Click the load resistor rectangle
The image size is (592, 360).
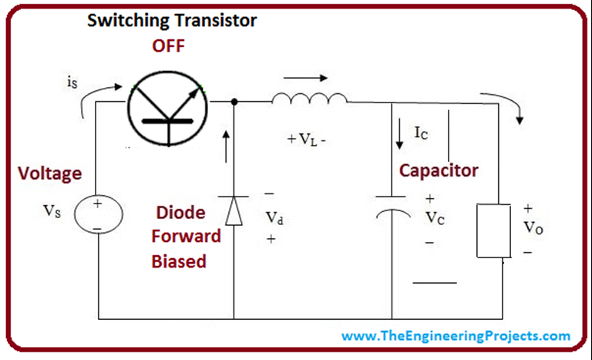[492, 230]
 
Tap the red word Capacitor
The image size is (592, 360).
[439, 170]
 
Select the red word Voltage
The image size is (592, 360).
[49, 173]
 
